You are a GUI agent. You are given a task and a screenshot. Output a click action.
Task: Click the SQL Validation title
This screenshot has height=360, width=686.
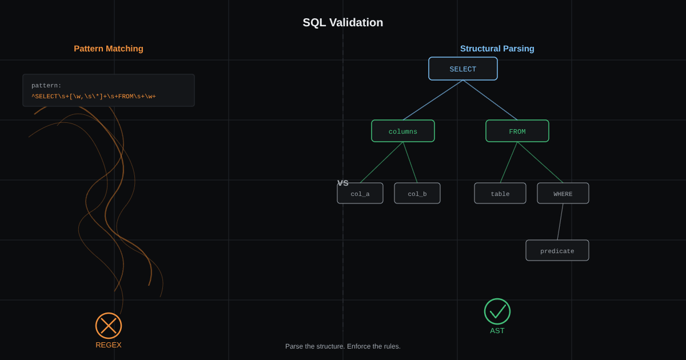[x=342, y=22]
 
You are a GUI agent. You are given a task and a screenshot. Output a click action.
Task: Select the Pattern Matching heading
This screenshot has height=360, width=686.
[x=109, y=49]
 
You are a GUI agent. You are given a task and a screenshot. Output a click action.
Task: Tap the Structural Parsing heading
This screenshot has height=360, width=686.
[x=497, y=49]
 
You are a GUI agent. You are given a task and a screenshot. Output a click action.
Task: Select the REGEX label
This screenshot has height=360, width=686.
[x=109, y=345]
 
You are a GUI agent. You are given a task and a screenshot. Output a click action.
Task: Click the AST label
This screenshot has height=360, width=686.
[x=497, y=331]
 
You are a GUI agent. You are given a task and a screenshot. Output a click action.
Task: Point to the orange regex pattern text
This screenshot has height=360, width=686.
[x=94, y=97]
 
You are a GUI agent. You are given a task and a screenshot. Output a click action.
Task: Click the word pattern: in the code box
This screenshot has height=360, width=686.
[x=46, y=85]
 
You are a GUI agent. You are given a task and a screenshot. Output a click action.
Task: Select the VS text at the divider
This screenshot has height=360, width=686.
[x=342, y=183]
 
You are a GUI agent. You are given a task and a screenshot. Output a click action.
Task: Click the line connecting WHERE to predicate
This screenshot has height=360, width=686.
[x=560, y=222]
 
